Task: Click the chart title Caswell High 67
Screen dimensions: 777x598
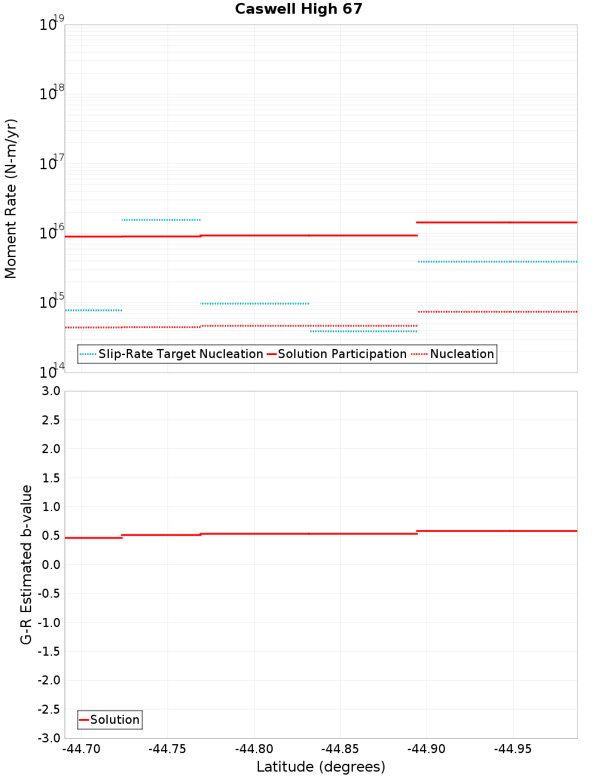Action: coord(298,9)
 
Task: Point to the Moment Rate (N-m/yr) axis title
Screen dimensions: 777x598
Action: coord(11,198)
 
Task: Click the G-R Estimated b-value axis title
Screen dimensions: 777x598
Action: coord(26,564)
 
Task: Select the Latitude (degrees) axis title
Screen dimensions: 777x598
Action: coord(321,767)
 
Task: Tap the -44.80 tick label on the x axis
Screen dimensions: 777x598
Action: coord(254,749)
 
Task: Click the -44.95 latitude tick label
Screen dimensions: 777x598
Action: coord(512,749)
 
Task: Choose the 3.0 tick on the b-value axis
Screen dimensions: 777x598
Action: coord(49,391)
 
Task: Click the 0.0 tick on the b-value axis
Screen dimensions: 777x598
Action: coord(49,564)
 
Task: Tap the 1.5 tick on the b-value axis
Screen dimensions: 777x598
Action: coord(49,478)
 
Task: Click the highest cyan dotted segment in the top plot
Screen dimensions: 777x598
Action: coord(161,220)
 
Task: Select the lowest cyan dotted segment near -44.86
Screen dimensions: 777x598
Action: coord(363,331)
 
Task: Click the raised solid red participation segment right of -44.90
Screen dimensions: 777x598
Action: coord(496,222)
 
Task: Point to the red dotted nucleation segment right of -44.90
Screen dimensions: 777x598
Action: coord(496,311)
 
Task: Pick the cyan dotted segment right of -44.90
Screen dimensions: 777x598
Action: coord(496,262)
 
